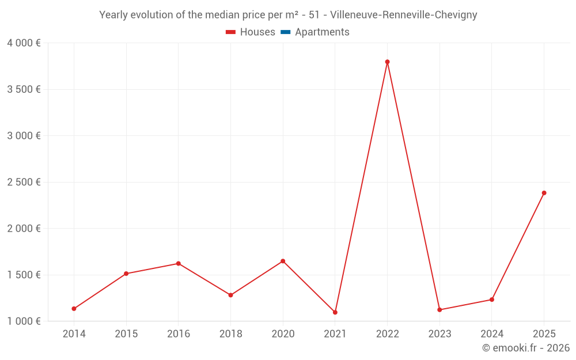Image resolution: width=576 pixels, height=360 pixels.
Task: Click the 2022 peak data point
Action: (387, 62)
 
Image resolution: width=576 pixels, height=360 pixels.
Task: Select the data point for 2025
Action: (544, 193)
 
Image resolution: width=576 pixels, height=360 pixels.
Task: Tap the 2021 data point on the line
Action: (335, 312)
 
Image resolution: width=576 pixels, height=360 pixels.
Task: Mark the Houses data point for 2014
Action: (74, 309)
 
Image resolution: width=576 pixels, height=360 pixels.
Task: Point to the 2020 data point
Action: (283, 261)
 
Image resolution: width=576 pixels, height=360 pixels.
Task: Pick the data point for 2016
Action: (178, 263)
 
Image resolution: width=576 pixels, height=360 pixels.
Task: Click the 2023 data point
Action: (439, 310)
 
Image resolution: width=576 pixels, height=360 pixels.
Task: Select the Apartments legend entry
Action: (322, 32)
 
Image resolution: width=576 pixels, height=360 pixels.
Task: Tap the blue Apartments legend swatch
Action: (285, 32)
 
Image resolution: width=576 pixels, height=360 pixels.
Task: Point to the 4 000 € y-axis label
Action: (24, 43)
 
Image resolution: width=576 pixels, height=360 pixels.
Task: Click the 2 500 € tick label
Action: (24, 182)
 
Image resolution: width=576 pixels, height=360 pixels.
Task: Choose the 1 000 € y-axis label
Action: (24, 321)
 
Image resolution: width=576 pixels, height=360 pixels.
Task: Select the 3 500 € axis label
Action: (24, 89)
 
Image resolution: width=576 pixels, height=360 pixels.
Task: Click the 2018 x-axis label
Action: (230, 334)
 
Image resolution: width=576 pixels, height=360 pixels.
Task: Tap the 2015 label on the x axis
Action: (126, 334)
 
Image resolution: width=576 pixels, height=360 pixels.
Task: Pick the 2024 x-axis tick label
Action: (491, 334)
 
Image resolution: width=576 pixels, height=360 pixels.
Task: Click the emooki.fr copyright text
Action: (526, 348)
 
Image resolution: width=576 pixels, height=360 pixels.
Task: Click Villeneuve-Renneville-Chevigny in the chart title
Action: (403, 15)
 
